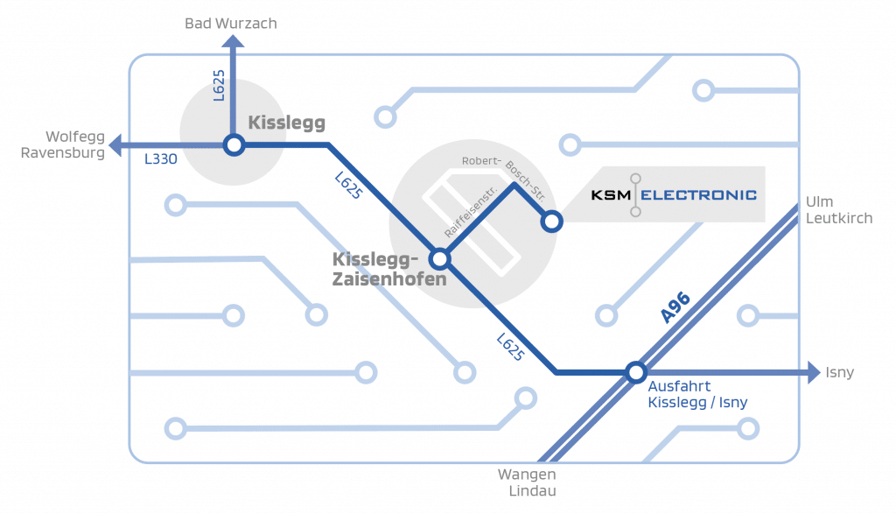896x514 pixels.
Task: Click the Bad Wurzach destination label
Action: [x=230, y=24]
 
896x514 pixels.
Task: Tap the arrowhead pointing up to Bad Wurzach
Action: [x=233, y=43]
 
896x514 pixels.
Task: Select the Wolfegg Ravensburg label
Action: [x=75, y=144]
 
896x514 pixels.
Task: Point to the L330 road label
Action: [x=160, y=159]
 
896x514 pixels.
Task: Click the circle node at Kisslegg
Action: [x=234, y=144]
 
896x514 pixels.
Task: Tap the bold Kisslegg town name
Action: [x=286, y=123]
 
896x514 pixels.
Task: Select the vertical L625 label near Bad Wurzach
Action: [x=219, y=87]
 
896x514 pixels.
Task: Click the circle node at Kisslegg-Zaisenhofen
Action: [x=439, y=258]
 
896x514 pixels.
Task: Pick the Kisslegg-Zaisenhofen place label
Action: [x=389, y=270]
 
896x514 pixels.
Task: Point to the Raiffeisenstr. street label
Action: [x=470, y=212]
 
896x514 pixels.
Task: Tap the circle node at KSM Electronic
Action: [x=550, y=222]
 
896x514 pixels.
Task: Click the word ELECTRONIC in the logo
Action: [x=698, y=194]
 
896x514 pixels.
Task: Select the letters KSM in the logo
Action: [x=610, y=194]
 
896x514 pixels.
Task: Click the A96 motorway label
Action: [x=675, y=308]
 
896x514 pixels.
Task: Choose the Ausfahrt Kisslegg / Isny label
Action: [x=696, y=394]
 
